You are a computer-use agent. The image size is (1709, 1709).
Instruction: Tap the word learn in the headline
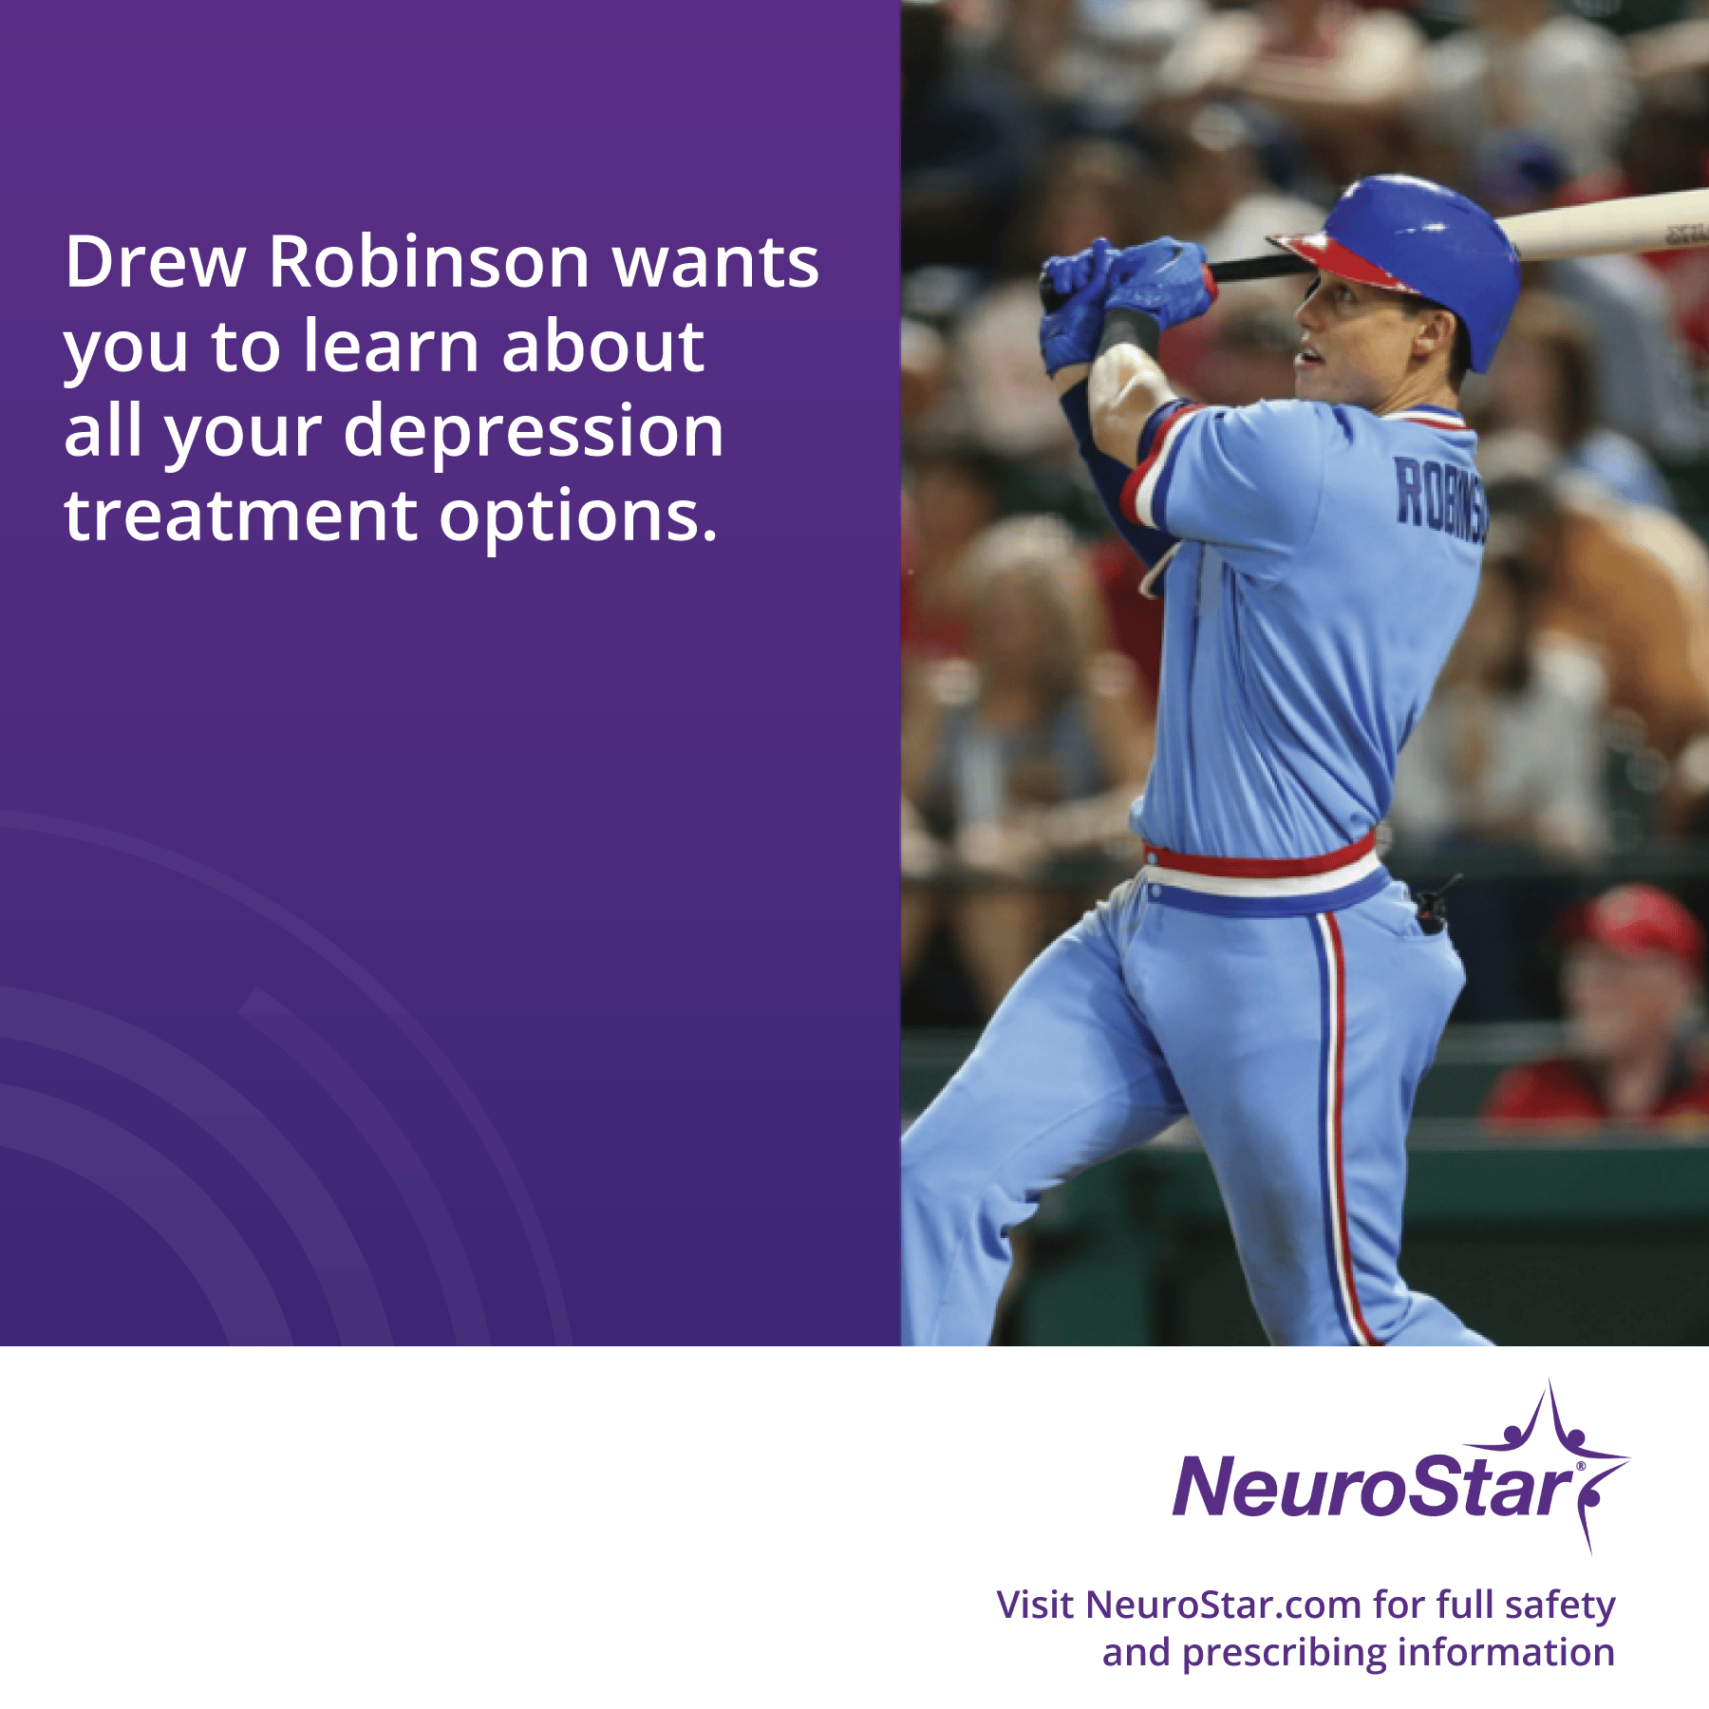[x=390, y=346]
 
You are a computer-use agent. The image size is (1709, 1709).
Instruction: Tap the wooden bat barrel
[x=1605, y=224]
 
